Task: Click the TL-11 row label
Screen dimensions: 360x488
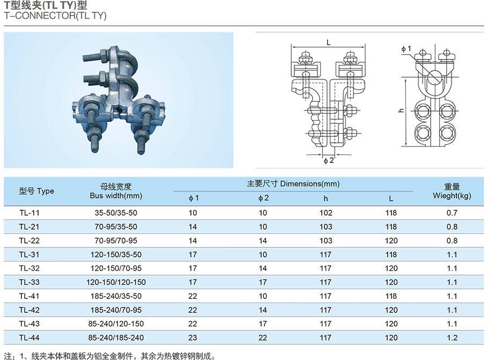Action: (29, 212)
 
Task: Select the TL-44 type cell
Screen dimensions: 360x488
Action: (29, 337)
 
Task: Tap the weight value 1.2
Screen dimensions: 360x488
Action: (452, 337)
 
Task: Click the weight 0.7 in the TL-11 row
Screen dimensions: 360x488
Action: (452, 212)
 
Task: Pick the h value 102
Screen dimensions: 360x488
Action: (326, 212)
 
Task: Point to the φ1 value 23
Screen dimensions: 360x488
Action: (193, 337)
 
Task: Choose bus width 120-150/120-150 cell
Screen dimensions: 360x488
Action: (116, 282)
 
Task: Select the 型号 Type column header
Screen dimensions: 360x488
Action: (36, 191)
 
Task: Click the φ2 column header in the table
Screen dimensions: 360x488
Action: (263, 199)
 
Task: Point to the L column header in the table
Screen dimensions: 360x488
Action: (391, 199)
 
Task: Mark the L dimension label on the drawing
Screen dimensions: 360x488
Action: (328, 42)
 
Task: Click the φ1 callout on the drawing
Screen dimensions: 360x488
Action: (406, 49)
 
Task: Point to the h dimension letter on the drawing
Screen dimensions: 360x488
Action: (401, 110)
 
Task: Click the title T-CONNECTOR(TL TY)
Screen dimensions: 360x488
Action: (55, 16)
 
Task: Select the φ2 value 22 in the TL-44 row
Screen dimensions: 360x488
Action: (263, 337)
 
